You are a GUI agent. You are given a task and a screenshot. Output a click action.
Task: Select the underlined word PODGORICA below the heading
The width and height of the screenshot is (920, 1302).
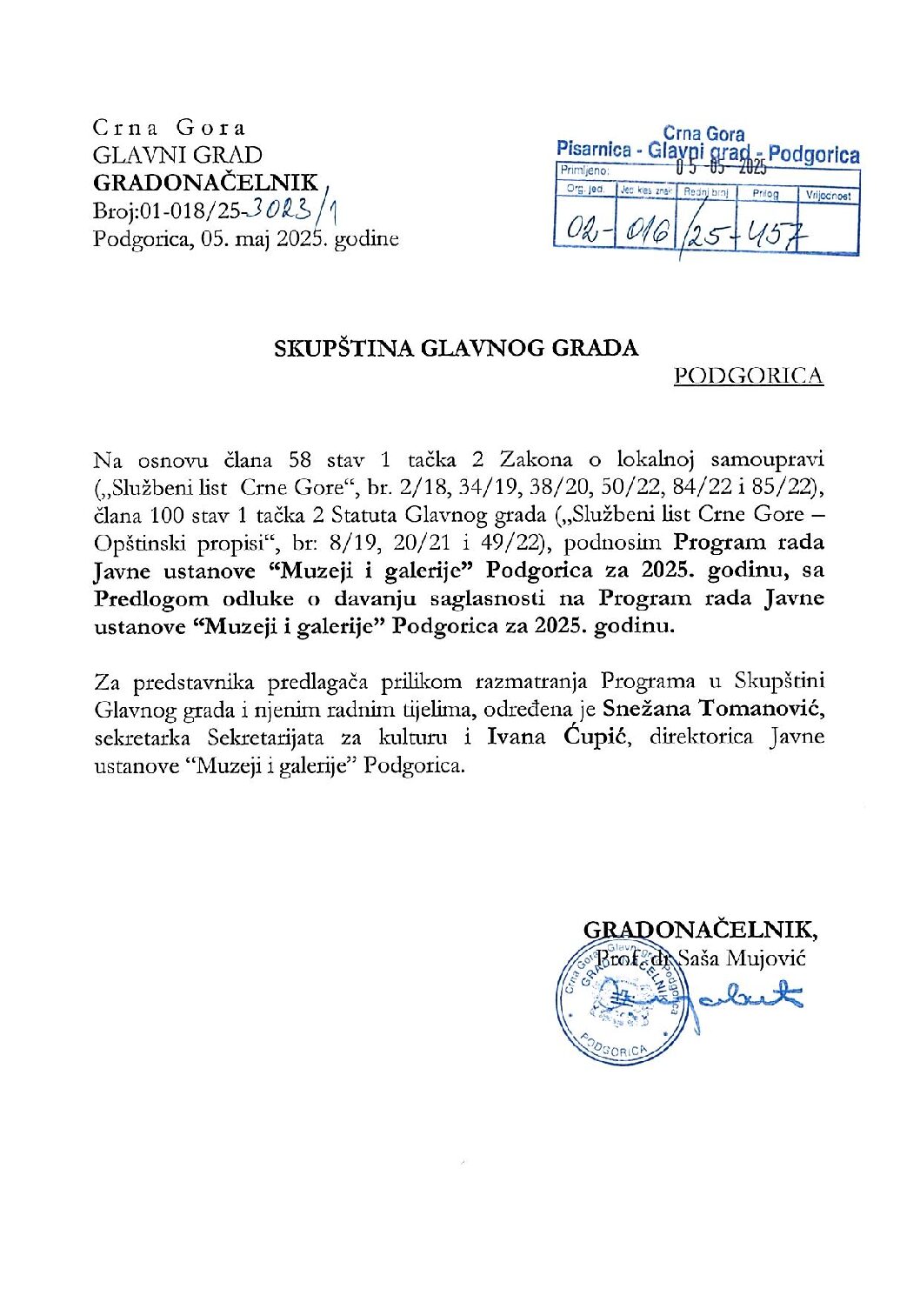click(748, 376)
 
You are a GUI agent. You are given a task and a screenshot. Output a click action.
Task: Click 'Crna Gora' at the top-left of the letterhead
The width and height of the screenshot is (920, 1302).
click(170, 128)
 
